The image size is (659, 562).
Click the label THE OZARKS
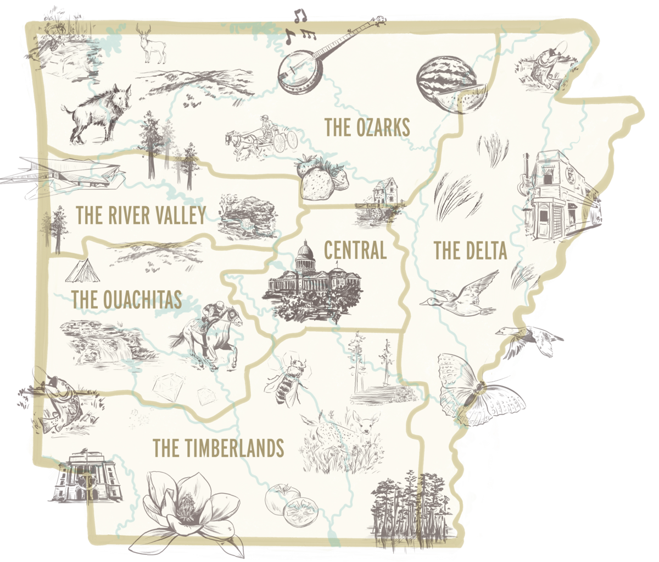point(367,127)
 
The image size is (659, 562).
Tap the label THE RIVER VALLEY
point(141,215)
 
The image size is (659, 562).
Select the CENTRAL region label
point(355,250)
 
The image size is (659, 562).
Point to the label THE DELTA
point(470,250)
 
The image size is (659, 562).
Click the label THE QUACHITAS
point(126,300)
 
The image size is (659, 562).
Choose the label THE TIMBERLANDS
point(218,448)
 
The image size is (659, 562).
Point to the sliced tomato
point(299,511)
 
